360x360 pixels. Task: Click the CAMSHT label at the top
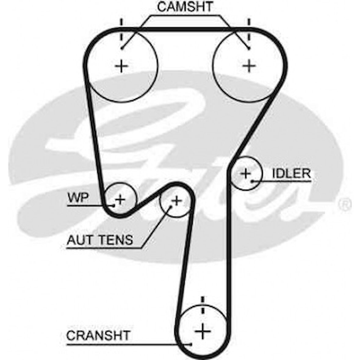coord(185,7)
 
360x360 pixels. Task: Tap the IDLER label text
coord(291,174)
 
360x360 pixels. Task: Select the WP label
coord(78,197)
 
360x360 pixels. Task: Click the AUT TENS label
coord(100,240)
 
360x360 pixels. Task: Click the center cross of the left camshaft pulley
coord(122,66)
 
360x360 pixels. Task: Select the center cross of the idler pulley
coord(246,174)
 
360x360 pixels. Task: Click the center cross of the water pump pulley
coord(120,200)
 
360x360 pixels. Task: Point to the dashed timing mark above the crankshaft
coord(202,305)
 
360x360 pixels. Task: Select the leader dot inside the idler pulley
coord(253,182)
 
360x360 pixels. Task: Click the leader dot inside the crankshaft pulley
coord(191,344)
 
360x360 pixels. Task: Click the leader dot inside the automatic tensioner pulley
coord(171,206)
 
